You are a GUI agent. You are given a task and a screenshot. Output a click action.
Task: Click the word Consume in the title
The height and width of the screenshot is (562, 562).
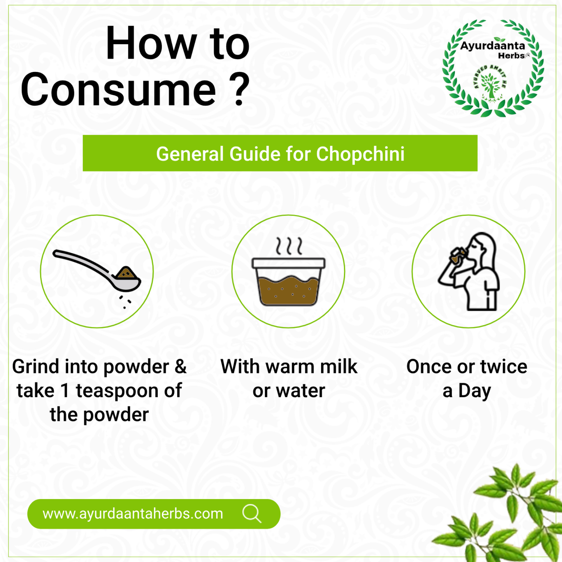[x=118, y=89]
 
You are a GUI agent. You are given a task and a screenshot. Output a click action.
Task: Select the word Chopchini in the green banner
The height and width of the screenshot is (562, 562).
[x=360, y=154]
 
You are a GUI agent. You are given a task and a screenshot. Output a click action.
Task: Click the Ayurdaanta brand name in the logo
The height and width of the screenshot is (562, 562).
[x=492, y=46]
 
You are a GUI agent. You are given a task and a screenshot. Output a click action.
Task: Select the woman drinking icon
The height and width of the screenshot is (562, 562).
[x=469, y=271]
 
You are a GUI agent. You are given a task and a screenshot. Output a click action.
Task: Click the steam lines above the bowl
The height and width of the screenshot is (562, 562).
[x=289, y=246]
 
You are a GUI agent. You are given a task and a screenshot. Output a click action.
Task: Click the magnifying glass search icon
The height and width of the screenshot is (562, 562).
[x=252, y=514]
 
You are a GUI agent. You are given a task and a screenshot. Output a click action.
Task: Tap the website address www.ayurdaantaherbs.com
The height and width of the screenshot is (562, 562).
[x=133, y=514]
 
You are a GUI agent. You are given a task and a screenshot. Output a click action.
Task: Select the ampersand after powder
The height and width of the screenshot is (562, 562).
[x=181, y=367]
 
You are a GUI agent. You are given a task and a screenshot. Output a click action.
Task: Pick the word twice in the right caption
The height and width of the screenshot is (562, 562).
[x=504, y=367]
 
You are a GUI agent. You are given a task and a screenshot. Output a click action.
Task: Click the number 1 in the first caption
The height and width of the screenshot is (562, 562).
[x=65, y=391]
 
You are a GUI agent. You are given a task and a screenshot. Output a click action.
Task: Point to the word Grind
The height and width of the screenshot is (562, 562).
[x=36, y=367]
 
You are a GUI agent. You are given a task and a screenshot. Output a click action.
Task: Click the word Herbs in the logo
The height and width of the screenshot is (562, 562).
[x=511, y=55]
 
